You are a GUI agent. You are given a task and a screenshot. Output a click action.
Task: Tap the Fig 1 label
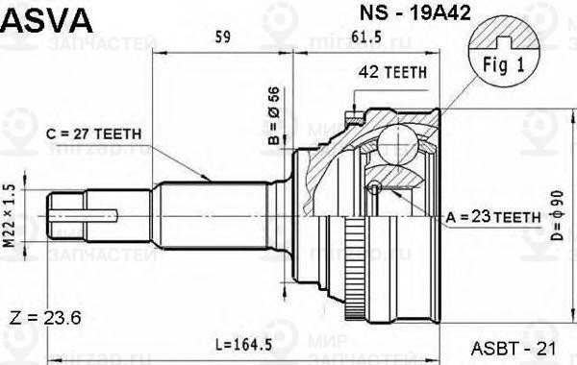[500, 68]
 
